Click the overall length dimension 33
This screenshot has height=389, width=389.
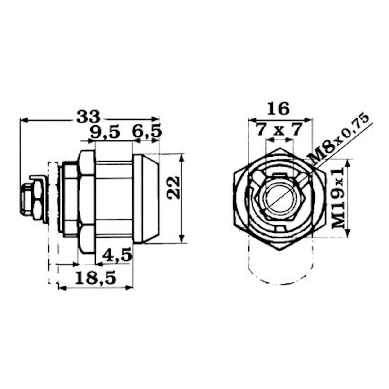pos(88,116)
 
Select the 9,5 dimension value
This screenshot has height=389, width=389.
pos(105,132)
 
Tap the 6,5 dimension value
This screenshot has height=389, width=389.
pos(147,132)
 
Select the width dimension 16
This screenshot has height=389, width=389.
pos(278,109)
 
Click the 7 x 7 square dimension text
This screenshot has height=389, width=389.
pos(279,130)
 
